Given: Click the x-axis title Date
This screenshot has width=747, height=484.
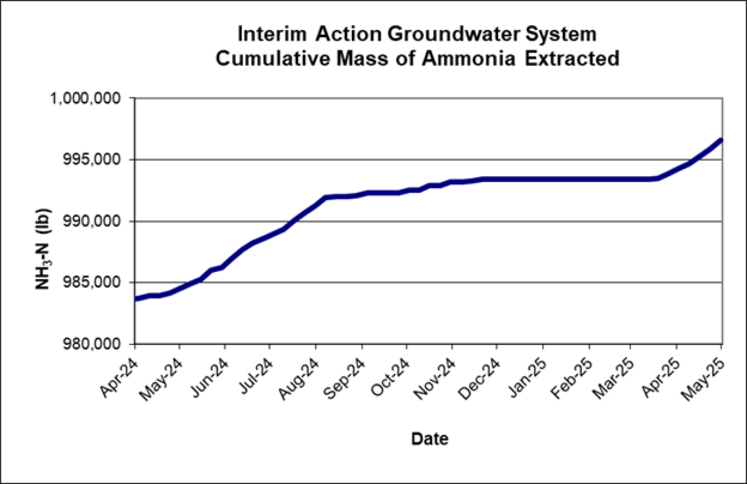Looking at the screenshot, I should coord(429,439).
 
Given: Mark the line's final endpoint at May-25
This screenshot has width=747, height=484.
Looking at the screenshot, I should coord(722,140).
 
